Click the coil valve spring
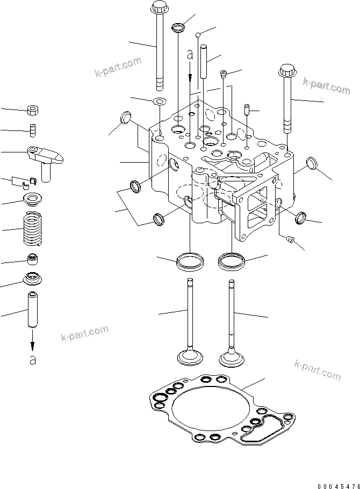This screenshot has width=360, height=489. [33, 228]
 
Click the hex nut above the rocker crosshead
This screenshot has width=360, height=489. [33, 110]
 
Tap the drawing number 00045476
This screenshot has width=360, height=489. [339, 486]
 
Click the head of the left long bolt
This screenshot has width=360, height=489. [159, 5]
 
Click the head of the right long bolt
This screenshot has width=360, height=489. [286, 70]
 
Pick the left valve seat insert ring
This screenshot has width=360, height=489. [190, 261]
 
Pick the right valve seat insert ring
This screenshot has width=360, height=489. [232, 260]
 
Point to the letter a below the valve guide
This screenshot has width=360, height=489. [33, 360]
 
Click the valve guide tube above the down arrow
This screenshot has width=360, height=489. [33, 309]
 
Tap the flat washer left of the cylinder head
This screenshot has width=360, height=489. [160, 101]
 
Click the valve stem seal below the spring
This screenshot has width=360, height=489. [33, 259]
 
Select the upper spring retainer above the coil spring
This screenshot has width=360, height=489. [33, 199]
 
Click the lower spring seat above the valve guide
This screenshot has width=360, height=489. [33, 278]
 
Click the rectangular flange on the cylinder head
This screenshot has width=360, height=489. [256, 207]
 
